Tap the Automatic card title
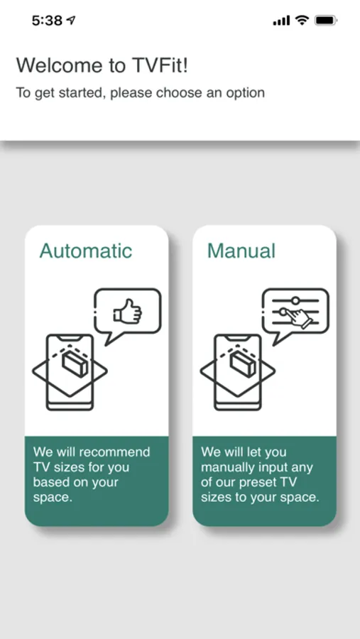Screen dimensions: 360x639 pos(86,251)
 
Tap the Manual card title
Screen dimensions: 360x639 pos(241,251)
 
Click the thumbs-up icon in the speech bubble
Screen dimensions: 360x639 pos(127,311)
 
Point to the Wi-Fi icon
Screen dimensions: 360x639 pos(302,20)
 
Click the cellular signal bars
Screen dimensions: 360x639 pos(281,21)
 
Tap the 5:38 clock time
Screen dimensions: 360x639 pos(48,21)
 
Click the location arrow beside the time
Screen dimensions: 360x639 pos(71,20)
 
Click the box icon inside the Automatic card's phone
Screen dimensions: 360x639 pos(75,364)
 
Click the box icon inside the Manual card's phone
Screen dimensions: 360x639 pos(242,364)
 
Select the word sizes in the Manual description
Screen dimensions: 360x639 pos(217,498)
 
